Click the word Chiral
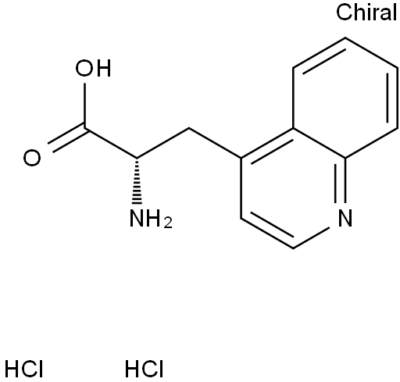pyautogui.click(x=366, y=12)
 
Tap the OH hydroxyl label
pyautogui.click(x=94, y=69)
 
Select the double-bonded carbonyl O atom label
pyautogui.click(x=32, y=158)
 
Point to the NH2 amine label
pyautogui.click(x=151, y=219)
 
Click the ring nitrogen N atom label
pyautogui.click(x=345, y=219)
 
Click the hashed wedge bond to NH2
pyautogui.click(x=137, y=181)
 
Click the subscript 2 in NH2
pyautogui.click(x=168, y=223)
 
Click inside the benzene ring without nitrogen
pyautogui.click(x=345, y=98)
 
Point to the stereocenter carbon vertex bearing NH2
pyautogui.click(x=137, y=158)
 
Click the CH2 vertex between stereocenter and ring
pyautogui.click(x=189, y=128)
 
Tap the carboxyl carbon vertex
pyautogui.click(x=85, y=127)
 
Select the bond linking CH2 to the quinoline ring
pyautogui.click(x=215, y=143)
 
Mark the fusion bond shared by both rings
pyautogui.click(x=320, y=143)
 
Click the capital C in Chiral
pyautogui.click(x=344, y=12)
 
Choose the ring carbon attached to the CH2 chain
pyautogui.click(x=241, y=158)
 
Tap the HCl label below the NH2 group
pyautogui.click(x=144, y=369)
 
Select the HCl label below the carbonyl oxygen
pyautogui.click(x=23, y=369)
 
